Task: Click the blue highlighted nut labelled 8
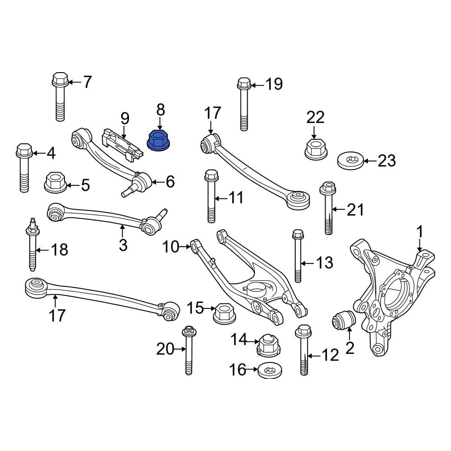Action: click(159, 141)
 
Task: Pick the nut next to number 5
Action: click(55, 182)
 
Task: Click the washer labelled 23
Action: click(350, 161)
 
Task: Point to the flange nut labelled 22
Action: click(315, 148)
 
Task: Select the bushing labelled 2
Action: click(343, 321)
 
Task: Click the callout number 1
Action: click(419, 232)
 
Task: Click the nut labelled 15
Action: click(222, 312)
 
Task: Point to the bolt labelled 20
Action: click(189, 351)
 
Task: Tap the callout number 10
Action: click(171, 247)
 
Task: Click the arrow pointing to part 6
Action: click(156, 182)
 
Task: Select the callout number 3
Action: click(123, 245)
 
